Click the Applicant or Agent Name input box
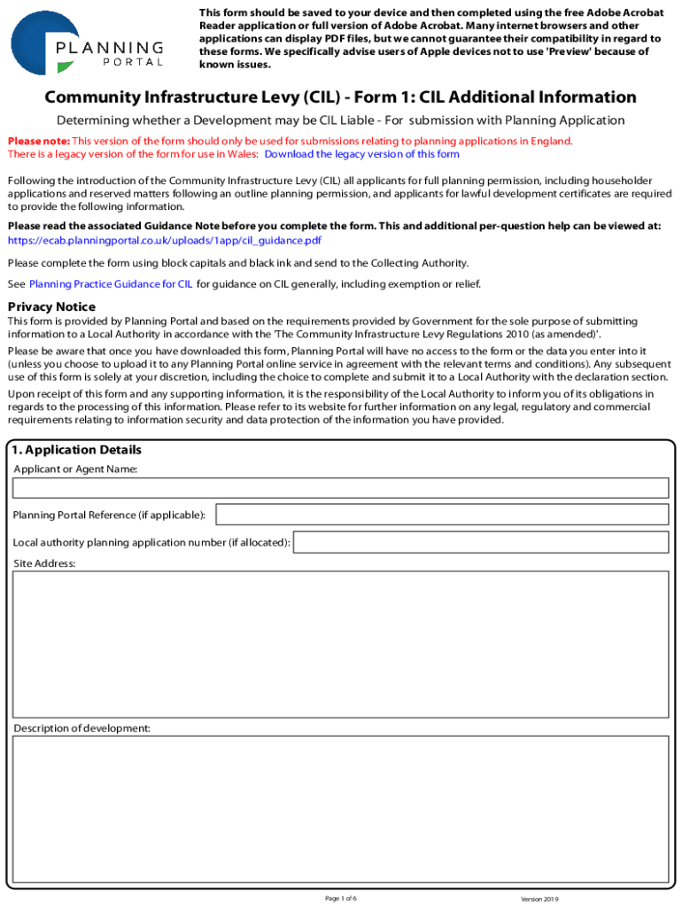(x=340, y=488)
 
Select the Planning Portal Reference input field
(x=442, y=515)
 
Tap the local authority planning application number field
(x=480, y=542)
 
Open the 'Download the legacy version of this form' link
(x=361, y=154)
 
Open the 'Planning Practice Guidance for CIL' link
(x=111, y=284)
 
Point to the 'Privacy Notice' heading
(x=51, y=306)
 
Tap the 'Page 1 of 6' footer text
(x=341, y=898)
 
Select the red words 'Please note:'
(x=38, y=141)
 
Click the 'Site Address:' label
(x=44, y=563)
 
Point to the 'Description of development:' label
(x=81, y=728)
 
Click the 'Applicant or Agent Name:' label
(x=75, y=469)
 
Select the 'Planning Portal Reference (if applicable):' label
(x=109, y=516)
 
